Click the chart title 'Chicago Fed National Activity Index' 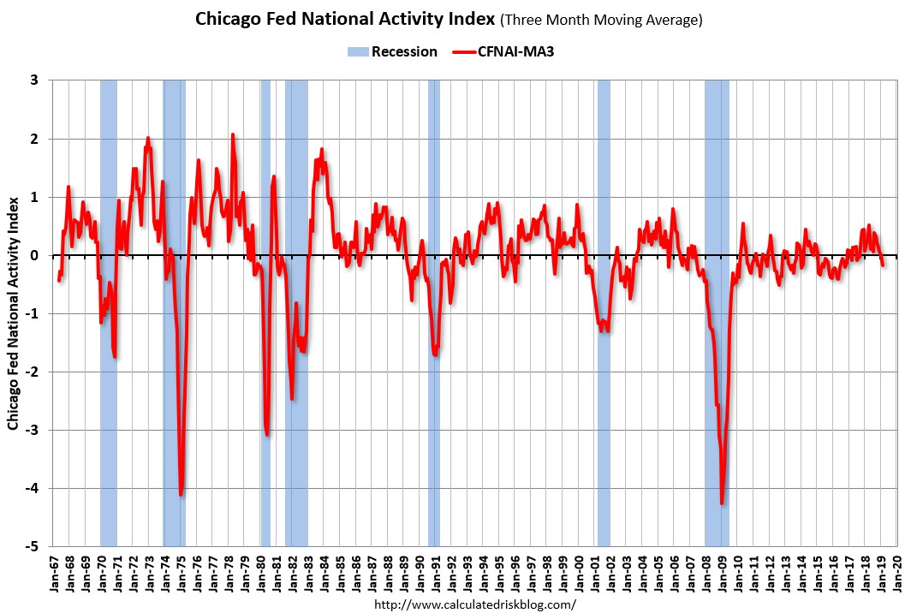click(344, 19)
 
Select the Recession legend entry click(393, 52)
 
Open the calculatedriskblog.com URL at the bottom click(476, 604)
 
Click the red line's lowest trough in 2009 click(723, 503)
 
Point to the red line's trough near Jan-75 click(181, 494)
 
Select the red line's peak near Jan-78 click(232, 134)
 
